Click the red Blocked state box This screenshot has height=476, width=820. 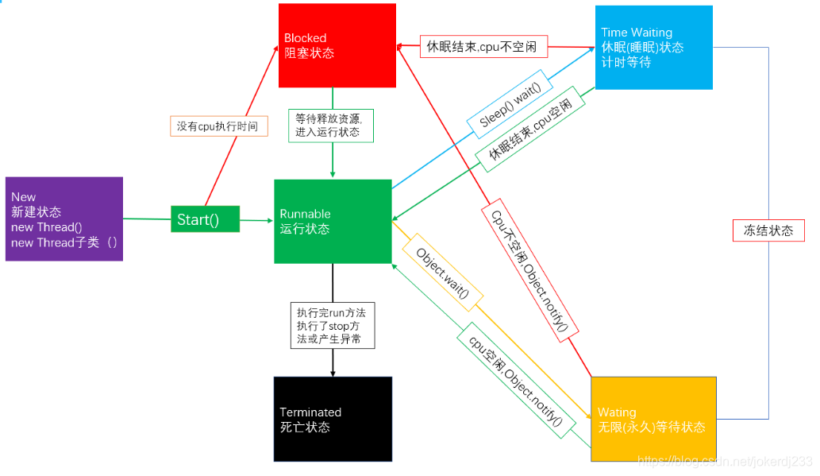tap(337, 45)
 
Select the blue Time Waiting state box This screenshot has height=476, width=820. tap(653, 47)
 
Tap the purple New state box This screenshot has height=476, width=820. tap(64, 219)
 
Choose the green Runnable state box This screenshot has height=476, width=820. tap(333, 221)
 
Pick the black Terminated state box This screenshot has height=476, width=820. tap(333, 419)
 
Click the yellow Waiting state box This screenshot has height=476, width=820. tap(653, 419)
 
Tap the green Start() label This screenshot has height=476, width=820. tap(205, 219)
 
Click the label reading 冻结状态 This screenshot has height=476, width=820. tap(768, 230)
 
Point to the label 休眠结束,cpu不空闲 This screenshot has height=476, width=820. tap(482, 47)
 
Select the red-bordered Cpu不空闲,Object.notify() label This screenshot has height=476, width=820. tap(529, 270)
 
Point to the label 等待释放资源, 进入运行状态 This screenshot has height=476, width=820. tap(328, 125)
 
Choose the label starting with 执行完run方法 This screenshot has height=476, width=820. tap(331, 325)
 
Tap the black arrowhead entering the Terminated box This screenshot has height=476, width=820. tap(333, 371)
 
